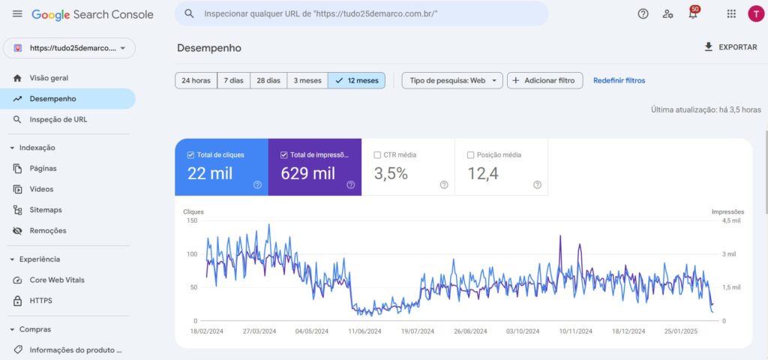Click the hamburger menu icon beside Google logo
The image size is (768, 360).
(x=17, y=14)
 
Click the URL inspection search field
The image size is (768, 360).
(x=360, y=14)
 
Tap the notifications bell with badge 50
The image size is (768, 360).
(x=692, y=14)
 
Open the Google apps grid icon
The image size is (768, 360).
(x=731, y=14)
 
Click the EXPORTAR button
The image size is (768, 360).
(x=730, y=47)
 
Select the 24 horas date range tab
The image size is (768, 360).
(x=196, y=80)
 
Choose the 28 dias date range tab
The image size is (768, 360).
(x=268, y=80)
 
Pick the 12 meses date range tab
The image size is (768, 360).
(x=356, y=80)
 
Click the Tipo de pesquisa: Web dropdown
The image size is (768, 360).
(x=452, y=80)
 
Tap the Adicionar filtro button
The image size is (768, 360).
(x=545, y=80)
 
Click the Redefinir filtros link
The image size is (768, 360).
(x=619, y=80)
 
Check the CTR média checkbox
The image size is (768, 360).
(x=377, y=155)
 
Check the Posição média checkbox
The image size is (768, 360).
(x=470, y=155)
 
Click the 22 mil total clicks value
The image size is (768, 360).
(x=210, y=174)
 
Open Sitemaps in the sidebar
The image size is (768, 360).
(x=46, y=210)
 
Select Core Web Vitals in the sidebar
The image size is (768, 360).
(x=57, y=280)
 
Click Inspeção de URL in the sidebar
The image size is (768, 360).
(x=58, y=119)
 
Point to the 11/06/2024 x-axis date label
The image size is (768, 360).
(x=365, y=331)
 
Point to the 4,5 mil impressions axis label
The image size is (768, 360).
(x=730, y=221)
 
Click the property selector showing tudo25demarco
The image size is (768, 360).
(x=69, y=48)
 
